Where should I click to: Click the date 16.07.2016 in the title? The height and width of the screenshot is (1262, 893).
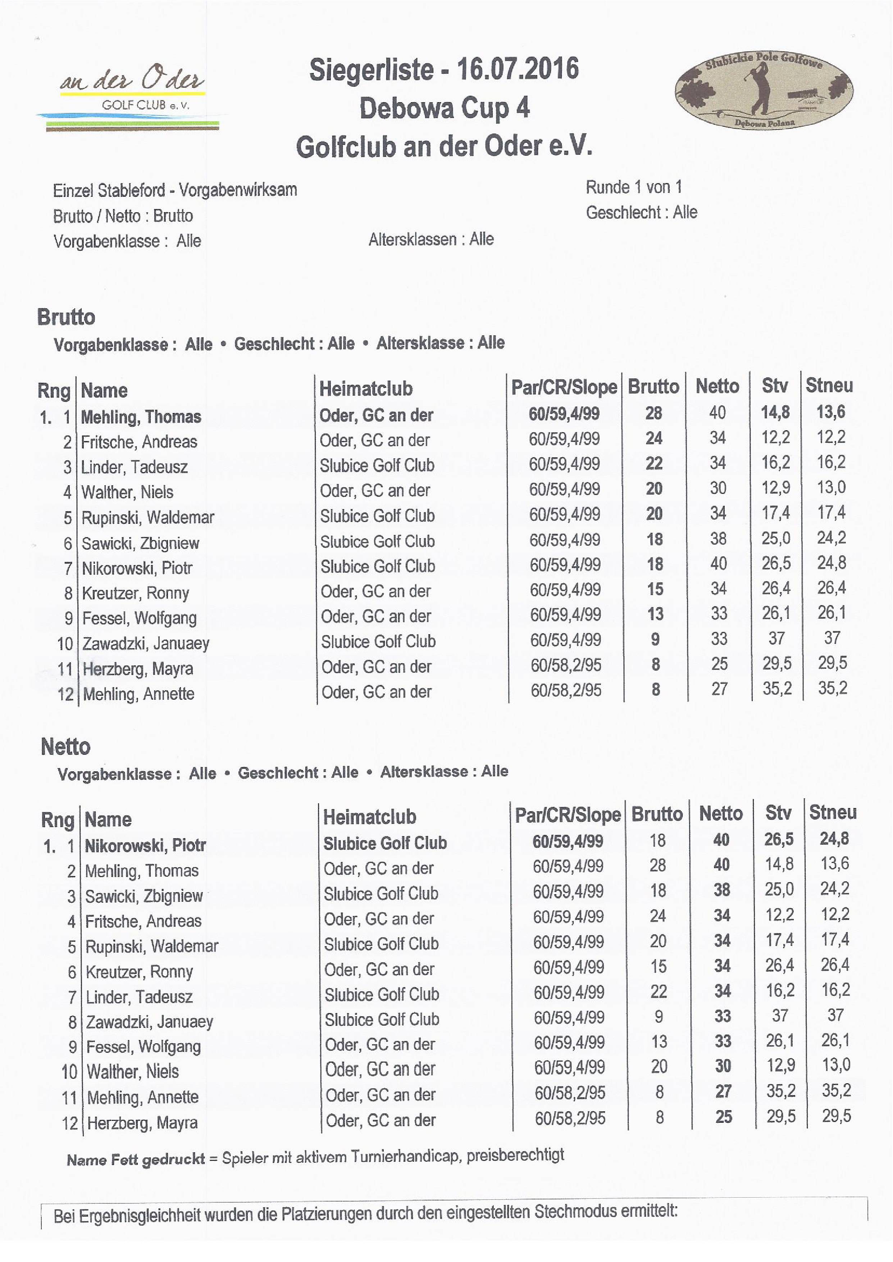click(518, 69)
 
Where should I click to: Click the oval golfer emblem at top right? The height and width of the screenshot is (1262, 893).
click(764, 92)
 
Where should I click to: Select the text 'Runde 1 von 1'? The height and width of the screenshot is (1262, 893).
click(634, 187)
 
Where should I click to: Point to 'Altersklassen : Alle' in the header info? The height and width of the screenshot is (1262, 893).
click(431, 239)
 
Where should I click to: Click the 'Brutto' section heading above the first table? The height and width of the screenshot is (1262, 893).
click(66, 317)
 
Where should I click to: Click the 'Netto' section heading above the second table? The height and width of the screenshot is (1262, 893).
click(65, 747)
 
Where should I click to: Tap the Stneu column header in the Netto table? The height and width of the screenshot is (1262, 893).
click(833, 812)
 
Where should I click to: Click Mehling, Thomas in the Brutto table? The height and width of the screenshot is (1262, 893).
click(141, 417)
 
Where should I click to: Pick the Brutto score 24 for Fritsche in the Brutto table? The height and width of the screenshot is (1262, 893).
click(654, 438)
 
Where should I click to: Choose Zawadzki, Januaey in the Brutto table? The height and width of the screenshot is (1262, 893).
click(146, 643)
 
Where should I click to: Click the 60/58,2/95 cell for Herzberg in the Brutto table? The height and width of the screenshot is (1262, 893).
click(566, 665)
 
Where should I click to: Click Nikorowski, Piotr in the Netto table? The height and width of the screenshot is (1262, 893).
click(145, 845)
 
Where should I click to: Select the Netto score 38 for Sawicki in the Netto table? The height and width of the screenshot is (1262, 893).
click(721, 890)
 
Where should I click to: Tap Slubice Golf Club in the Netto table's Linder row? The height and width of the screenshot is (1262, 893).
click(382, 994)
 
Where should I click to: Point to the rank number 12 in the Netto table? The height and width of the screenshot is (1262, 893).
click(70, 1123)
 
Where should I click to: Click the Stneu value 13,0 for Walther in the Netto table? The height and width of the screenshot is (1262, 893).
click(836, 1065)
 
